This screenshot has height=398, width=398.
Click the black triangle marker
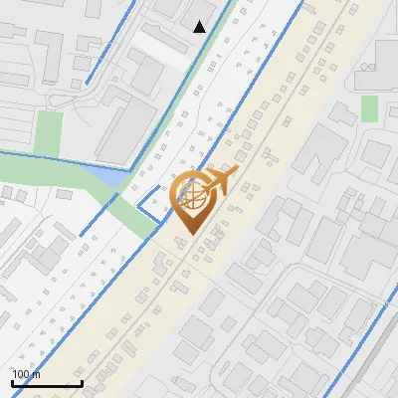pyautogui.click(x=200, y=27)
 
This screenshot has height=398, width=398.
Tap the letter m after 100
pyautogui.click(x=37, y=374)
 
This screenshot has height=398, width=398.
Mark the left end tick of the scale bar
pyautogui.click(x=12, y=382)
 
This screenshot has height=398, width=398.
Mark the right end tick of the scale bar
pyautogui.click(x=82, y=382)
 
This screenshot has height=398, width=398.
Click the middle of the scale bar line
pyautogui.click(x=47, y=384)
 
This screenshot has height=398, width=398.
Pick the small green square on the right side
pyautogui.click(x=369, y=107)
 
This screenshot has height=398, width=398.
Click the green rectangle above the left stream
pyautogui.click(x=47, y=133)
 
